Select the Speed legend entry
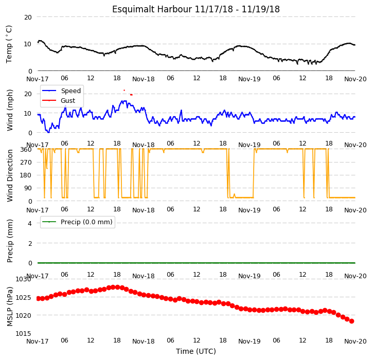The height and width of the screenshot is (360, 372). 61,91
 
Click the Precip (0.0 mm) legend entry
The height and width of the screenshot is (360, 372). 77,222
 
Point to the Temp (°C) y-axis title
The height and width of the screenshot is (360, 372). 9,44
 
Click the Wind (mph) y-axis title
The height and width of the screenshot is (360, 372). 9,110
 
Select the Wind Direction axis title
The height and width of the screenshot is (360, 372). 9,176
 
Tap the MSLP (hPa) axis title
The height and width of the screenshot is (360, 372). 9,307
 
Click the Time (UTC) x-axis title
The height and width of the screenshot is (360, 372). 196,351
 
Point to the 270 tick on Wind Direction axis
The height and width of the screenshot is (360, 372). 26,163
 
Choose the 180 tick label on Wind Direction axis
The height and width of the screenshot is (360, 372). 26,175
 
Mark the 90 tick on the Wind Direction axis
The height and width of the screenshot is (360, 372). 28,188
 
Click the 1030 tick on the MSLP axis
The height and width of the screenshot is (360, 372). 23,279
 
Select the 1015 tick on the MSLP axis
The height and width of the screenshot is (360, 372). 23,334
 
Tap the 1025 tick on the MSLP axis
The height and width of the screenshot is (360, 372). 23,297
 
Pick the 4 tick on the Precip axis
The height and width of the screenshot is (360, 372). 30,223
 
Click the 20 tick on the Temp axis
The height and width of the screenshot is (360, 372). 28,17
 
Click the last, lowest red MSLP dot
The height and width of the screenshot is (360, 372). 351,321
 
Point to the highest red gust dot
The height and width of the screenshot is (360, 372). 124,91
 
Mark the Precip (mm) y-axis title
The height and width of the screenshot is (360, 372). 9,241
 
